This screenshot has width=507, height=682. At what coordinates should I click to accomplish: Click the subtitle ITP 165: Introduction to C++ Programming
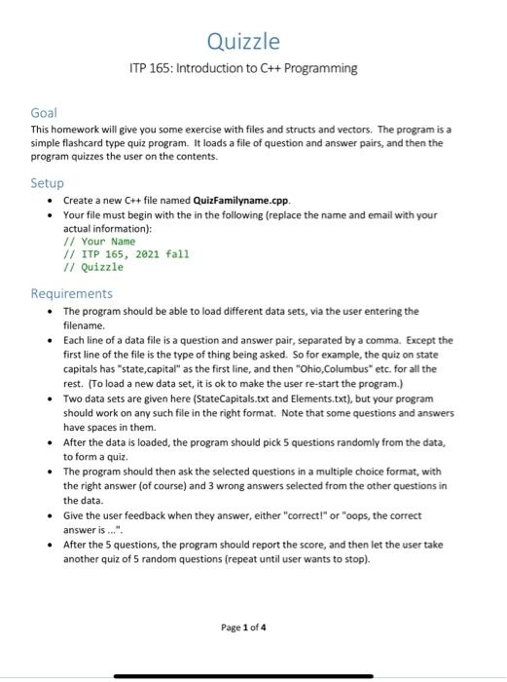(243, 68)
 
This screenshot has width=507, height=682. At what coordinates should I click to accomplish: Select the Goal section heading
(46, 113)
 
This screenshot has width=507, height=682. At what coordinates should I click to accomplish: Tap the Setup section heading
(48, 182)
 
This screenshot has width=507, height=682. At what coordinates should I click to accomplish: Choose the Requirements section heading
(72, 293)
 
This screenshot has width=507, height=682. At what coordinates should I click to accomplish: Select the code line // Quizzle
(93, 266)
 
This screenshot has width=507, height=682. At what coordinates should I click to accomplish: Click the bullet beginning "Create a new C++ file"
(50, 199)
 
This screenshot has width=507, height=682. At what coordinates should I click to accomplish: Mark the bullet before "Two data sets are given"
(50, 398)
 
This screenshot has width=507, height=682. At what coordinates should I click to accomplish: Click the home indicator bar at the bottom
(243, 676)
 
